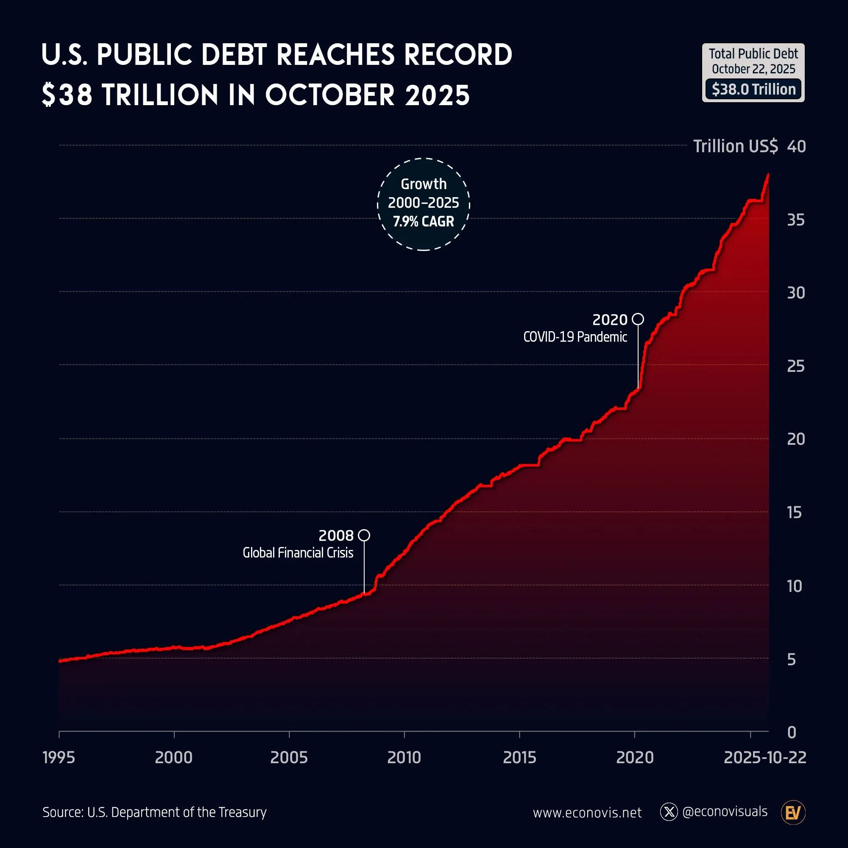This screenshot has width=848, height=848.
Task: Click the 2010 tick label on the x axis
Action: tap(404, 757)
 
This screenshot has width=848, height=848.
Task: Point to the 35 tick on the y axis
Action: tap(795, 220)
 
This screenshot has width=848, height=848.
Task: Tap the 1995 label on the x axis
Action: tap(59, 757)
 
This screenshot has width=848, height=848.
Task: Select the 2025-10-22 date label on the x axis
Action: tap(764, 757)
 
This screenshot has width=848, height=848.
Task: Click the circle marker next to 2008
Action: tap(364, 535)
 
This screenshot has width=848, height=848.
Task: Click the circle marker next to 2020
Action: tap(638, 319)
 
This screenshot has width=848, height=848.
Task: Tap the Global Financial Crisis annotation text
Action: tap(298, 552)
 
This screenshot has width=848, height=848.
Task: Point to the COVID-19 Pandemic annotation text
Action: tap(575, 337)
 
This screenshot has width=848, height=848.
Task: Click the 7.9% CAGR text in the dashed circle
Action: tap(423, 221)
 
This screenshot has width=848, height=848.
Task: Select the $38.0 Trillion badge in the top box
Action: tap(753, 89)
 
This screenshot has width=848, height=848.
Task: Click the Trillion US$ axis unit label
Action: tap(735, 146)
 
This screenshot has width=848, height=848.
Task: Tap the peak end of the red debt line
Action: tap(768, 175)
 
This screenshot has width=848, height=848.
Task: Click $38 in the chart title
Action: tap(67, 95)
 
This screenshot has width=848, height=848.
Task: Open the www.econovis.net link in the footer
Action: tap(587, 812)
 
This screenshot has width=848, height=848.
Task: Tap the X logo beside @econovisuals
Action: tap(669, 812)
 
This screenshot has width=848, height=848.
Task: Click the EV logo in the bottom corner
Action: tap(793, 812)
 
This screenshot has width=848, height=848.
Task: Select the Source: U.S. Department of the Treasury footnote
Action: tap(154, 812)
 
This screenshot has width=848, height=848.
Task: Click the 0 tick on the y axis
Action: tap(791, 732)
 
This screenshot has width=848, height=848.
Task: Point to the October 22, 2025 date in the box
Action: tap(753, 69)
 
